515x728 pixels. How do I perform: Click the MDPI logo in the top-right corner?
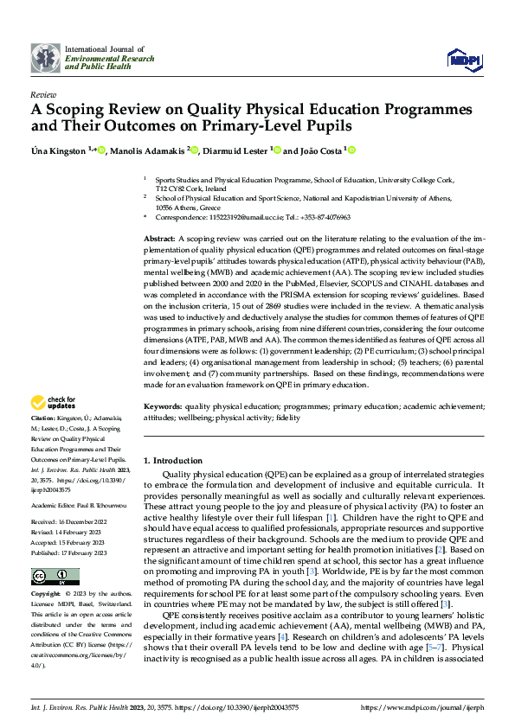[x=462, y=58]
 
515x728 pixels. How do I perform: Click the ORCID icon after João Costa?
[x=352, y=150]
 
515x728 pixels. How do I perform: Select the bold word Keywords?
[x=162, y=406]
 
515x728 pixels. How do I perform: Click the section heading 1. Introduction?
[x=173, y=461]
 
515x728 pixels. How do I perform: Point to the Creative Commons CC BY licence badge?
[x=55, y=553]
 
